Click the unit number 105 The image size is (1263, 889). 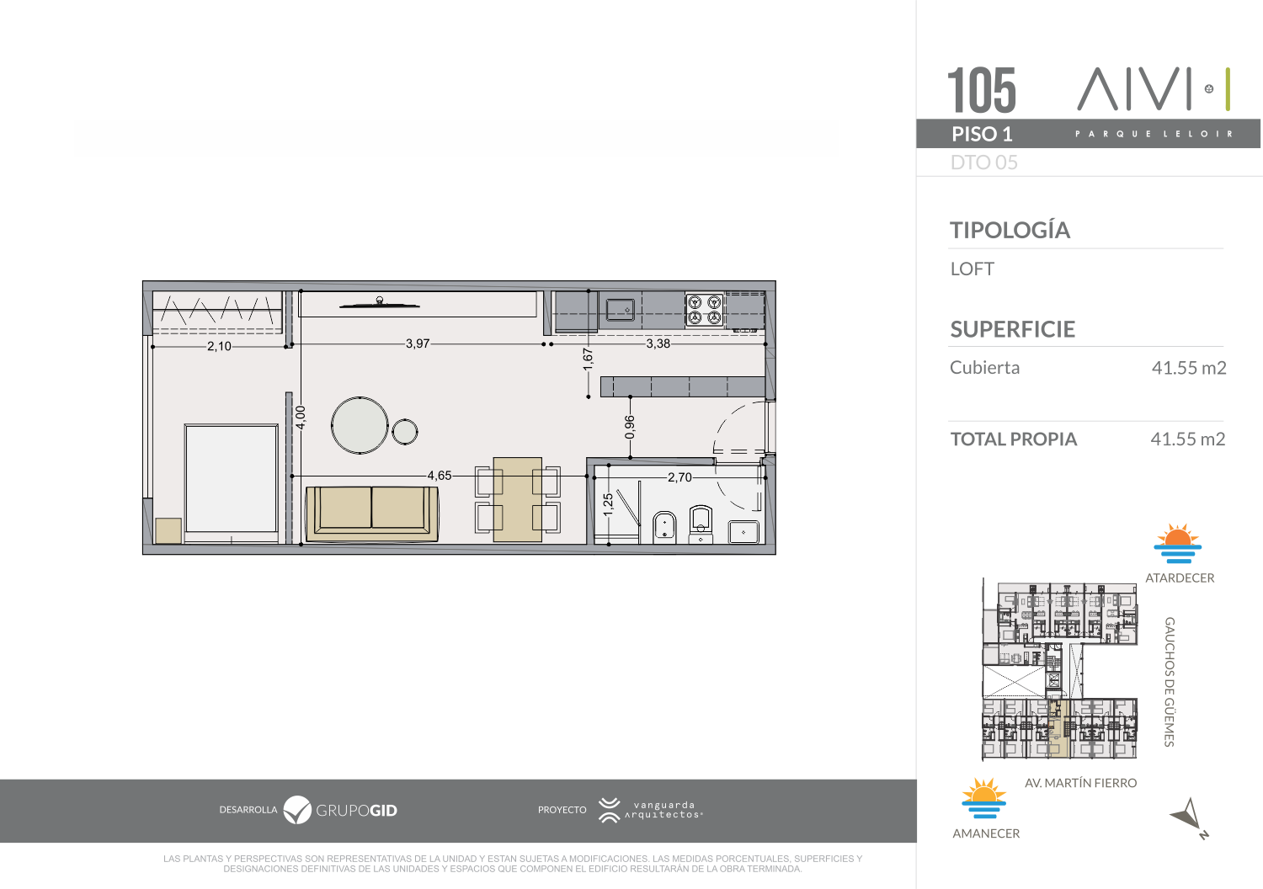pyautogui.click(x=982, y=90)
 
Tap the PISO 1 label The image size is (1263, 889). pyautogui.click(x=983, y=134)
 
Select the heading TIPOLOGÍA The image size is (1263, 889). pyautogui.click(x=1010, y=230)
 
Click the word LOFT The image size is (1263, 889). pyautogui.click(x=972, y=269)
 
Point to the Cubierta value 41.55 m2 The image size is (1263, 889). pyautogui.click(x=1189, y=368)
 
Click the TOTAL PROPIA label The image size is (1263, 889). pyautogui.click(x=1014, y=439)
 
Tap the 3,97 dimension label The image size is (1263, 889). pyautogui.click(x=418, y=343)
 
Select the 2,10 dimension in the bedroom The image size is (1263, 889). pyautogui.click(x=219, y=346)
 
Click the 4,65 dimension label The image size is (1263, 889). pyautogui.click(x=440, y=475)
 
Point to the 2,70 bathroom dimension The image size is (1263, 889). pyautogui.click(x=679, y=477)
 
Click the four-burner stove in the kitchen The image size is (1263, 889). pyautogui.click(x=705, y=310)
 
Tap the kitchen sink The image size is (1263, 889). pyautogui.click(x=621, y=310)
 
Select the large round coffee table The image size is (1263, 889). pyautogui.click(x=360, y=425)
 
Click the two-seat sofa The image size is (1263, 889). pyautogui.click(x=372, y=514)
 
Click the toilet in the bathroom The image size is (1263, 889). pyautogui.click(x=701, y=524)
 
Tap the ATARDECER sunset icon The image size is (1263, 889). pyautogui.click(x=1177, y=544)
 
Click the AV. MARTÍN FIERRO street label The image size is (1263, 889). pyautogui.click(x=1080, y=783)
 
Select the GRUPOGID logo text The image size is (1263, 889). pyautogui.click(x=356, y=811)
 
